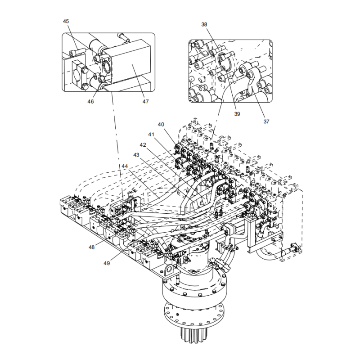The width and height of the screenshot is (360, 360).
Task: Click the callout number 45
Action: coord(66,21)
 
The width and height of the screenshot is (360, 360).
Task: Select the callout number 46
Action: coord(91,102)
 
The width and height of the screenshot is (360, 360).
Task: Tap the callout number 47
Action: coord(145,102)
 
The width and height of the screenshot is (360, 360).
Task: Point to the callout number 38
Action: coord(204,25)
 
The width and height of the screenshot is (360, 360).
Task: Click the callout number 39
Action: coord(237,114)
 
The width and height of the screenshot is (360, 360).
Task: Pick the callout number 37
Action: coord(266,121)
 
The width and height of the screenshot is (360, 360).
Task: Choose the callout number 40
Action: coord(161,124)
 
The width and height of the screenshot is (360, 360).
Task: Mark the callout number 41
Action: coord(151,134)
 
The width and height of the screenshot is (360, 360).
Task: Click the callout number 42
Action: coord(143,145)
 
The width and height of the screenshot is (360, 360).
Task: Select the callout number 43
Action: coord(136,155)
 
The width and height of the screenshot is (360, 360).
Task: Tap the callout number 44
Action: coord(125,166)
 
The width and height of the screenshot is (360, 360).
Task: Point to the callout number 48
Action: coord(91,247)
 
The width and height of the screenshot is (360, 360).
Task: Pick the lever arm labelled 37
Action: coord(252,79)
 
